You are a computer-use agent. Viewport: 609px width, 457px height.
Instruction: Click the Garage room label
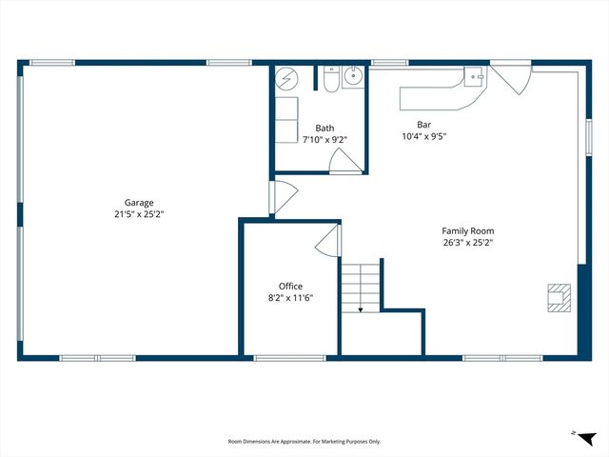(139, 202)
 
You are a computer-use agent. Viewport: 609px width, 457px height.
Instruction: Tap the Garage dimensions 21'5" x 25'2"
(139, 214)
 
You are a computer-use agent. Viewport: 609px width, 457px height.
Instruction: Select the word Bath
(325, 129)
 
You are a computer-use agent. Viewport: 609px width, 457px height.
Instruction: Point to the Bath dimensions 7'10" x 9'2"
(325, 140)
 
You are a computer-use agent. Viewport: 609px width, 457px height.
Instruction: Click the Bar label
(424, 125)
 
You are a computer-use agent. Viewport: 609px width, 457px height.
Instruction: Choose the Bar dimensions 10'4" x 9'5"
(424, 136)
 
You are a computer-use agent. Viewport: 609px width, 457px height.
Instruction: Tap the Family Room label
(467, 230)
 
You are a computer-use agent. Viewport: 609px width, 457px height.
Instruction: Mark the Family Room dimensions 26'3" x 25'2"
(467, 243)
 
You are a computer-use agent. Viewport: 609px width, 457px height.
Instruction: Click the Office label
(290, 286)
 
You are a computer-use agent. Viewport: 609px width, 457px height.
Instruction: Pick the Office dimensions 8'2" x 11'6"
(290, 297)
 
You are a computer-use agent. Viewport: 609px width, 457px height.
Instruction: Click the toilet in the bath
(328, 80)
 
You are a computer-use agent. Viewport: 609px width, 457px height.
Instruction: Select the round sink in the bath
(352, 79)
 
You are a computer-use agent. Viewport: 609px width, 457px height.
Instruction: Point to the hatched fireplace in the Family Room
(559, 297)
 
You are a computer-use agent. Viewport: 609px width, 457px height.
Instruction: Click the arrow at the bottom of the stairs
(361, 307)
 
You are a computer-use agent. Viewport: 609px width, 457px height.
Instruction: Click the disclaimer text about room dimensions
(304, 442)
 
